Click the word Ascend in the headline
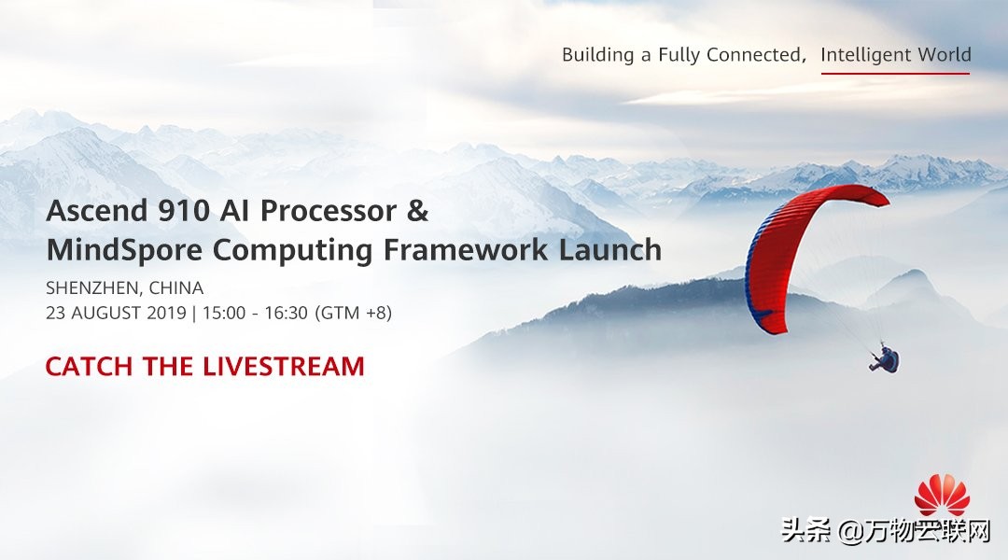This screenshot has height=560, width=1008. click(97, 210)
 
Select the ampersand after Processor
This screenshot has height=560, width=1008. click(417, 210)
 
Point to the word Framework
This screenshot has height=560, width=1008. click(466, 249)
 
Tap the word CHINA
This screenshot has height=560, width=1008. click(176, 287)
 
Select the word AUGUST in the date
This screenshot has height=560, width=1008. click(106, 313)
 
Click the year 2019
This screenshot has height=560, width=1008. click(166, 313)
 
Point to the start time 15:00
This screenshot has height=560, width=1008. click(224, 313)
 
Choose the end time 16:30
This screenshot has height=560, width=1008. click(287, 313)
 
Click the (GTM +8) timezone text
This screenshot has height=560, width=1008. click(354, 313)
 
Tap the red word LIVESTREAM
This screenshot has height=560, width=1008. click(284, 367)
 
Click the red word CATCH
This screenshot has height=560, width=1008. click(89, 367)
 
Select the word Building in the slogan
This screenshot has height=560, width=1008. click(598, 55)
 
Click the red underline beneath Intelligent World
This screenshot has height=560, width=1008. click(895, 74)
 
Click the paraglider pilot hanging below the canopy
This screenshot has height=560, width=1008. click(886, 358)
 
